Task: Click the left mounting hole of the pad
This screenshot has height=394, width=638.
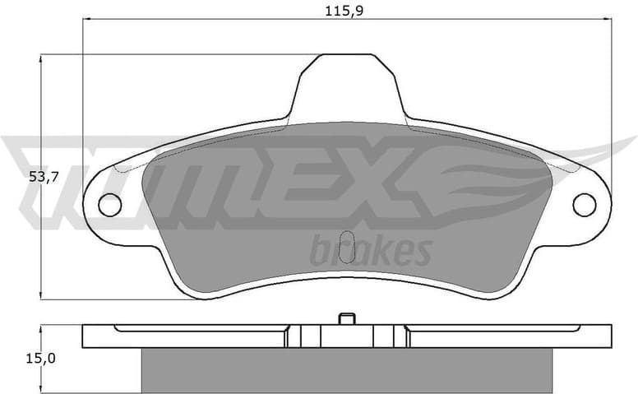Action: point(109,205)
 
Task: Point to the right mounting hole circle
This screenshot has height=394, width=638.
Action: point(585,205)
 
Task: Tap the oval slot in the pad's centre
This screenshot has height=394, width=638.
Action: point(348,247)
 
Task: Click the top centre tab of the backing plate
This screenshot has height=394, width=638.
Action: point(348,82)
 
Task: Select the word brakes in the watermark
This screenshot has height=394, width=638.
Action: point(370,249)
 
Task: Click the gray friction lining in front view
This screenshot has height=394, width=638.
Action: point(247,247)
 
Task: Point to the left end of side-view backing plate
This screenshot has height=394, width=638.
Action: point(90,336)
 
